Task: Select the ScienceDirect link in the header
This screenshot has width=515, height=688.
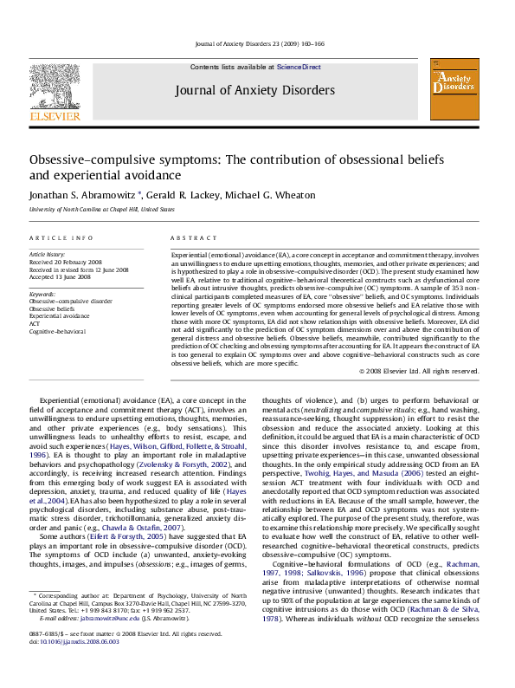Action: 299,67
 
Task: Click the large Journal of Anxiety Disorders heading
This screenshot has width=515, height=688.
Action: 254,90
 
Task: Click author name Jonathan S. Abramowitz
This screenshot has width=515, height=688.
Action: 91,195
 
